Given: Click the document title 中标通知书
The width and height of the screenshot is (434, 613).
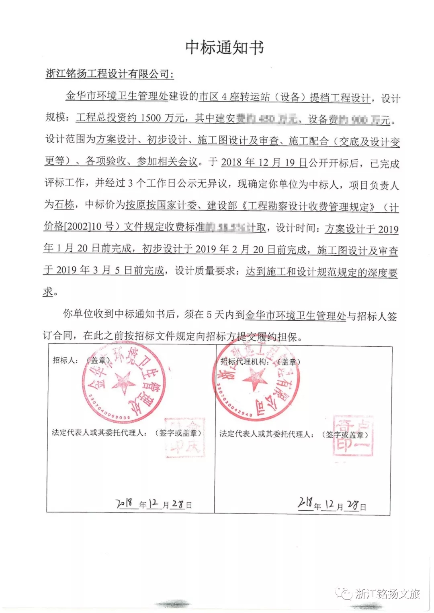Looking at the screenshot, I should point(224,47).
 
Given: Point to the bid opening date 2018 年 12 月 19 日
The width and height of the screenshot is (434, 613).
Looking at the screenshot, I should point(264,162).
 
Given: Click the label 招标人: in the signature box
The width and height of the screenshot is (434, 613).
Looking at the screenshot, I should point(65,360).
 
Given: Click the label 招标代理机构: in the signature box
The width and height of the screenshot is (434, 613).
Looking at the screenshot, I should point(243,362).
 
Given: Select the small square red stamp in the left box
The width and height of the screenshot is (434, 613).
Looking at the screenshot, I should point(185,438).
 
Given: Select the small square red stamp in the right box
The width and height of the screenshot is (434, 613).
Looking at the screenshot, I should point(353,436).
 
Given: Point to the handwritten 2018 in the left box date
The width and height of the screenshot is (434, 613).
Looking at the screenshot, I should point(124,503).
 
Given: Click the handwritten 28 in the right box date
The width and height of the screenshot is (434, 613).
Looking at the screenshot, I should point(352,505).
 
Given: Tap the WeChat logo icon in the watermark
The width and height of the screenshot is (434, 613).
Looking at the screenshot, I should point(345,593).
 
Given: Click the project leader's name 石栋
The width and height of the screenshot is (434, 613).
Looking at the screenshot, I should point(64,205).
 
